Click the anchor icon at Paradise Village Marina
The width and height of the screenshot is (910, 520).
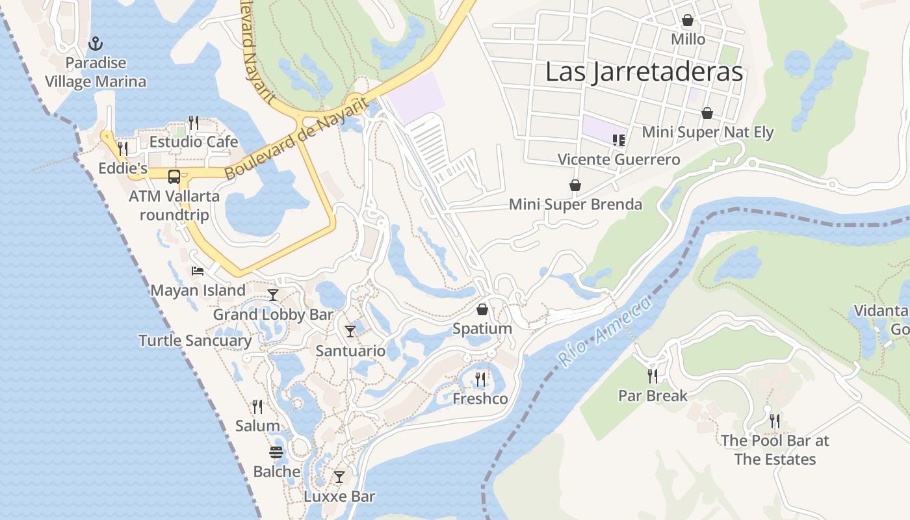click(96, 44)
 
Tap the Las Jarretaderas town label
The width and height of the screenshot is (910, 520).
click(643, 71)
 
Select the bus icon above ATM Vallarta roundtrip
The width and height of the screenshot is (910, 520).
click(174, 176)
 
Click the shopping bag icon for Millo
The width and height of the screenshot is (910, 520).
click(688, 21)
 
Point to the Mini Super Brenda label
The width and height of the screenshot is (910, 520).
click(575, 205)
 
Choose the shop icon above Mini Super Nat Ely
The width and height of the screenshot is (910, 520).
click(707, 114)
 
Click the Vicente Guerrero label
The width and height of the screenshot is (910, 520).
click(619, 159)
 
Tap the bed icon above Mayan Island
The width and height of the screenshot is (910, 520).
click(198, 270)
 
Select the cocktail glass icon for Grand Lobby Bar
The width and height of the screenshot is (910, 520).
click(273, 295)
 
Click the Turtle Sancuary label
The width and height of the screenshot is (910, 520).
click(195, 341)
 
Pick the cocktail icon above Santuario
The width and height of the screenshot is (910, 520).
click(350, 331)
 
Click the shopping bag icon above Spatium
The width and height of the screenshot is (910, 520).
click(482, 309)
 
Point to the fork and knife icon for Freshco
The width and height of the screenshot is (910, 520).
click(480, 379)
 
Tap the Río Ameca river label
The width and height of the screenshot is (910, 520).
click(604, 331)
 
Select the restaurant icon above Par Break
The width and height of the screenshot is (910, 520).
click(653, 376)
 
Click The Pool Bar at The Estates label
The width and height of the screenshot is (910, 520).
click(775, 450)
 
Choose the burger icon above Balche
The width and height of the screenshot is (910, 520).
click(277, 452)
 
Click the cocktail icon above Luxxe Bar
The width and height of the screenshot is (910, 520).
click(339, 477)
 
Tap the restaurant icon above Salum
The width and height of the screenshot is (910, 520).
click(257, 407)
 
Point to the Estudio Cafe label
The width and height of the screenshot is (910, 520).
click(194, 142)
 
